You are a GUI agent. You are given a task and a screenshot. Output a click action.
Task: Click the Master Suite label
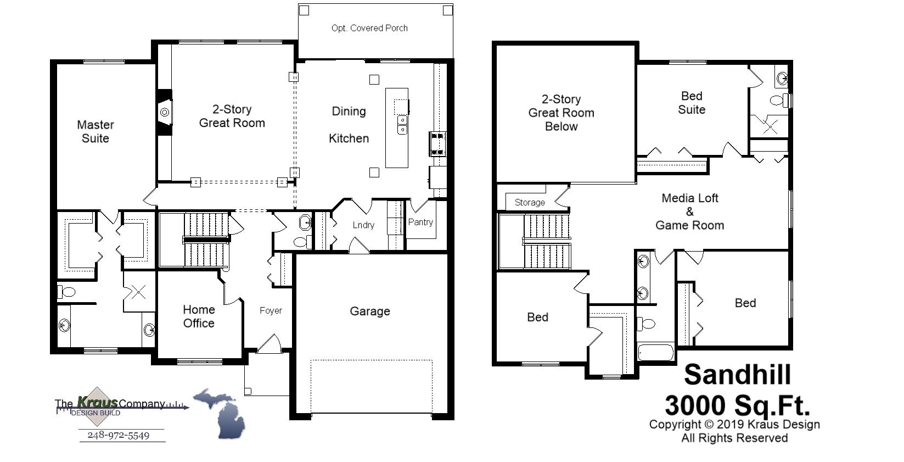point(96,132)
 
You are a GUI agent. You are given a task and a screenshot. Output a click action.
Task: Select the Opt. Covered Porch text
point(369,28)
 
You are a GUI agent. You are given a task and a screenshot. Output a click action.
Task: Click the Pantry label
point(420,222)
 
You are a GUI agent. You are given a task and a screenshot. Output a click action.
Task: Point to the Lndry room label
point(363,225)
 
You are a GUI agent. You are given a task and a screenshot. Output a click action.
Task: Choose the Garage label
point(370,311)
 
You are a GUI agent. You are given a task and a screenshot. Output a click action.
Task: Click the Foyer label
point(271,311)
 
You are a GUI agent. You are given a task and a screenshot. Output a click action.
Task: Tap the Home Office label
point(199,316)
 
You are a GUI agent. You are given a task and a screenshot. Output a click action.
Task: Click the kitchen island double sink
point(402,125)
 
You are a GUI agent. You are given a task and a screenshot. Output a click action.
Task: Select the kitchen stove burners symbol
point(437,144)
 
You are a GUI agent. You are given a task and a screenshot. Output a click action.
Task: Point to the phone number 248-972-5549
point(118,436)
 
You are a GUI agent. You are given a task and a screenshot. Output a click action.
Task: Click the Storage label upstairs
point(530,203)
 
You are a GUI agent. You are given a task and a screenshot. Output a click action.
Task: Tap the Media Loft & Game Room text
point(690,211)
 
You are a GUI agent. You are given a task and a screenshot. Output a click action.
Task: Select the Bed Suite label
point(692,103)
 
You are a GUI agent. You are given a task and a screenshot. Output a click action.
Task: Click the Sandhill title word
point(737,375)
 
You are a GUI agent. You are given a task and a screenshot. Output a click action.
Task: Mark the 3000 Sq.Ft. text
point(737,406)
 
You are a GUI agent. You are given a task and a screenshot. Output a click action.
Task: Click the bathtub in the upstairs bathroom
point(656,352)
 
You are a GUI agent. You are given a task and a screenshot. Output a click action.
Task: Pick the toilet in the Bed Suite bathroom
point(778,101)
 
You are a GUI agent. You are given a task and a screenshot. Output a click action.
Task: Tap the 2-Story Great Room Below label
point(561,113)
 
